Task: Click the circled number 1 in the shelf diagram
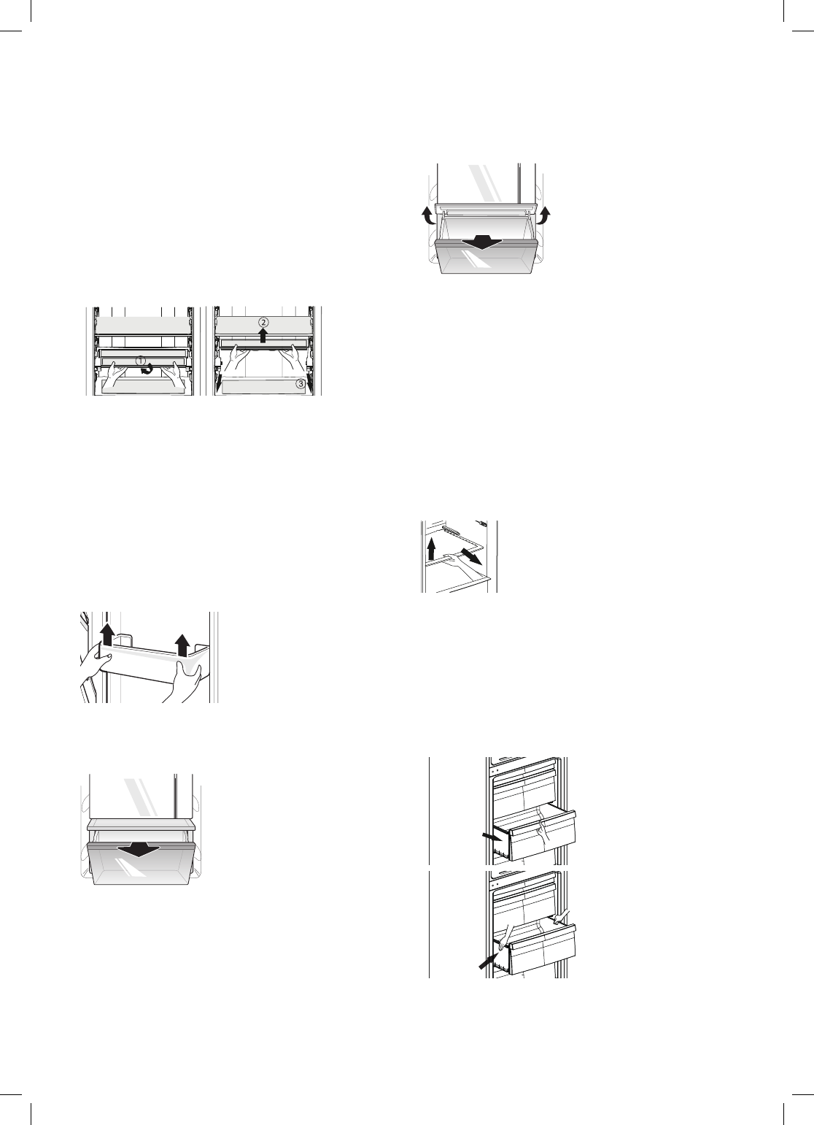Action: click(139, 360)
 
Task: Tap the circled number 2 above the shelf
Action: click(263, 323)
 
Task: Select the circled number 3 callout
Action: click(300, 385)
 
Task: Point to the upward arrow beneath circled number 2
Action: click(263, 336)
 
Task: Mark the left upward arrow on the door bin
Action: click(108, 634)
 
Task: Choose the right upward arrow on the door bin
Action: click(182, 645)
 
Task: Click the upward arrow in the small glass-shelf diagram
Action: click(432, 548)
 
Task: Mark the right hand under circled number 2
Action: click(294, 358)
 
